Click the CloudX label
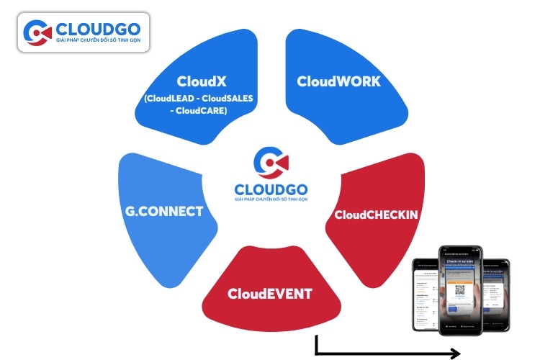click(x=197, y=81)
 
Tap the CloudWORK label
click(x=338, y=81)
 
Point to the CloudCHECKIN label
click(x=377, y=214)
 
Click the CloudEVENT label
click(x=270, y=294)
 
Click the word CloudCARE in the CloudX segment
click(x=205, y=111)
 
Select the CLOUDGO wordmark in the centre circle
click(x=271, y=189)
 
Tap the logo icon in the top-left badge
click(x=37, y=32)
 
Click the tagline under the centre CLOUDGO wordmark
click(x=271, y=201)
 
